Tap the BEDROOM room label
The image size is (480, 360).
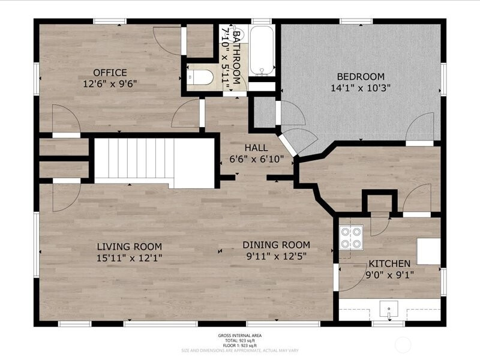click(x=360, y=76)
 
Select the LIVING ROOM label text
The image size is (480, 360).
click(x=130, y=246)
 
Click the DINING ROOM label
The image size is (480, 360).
click(x=276, y=244)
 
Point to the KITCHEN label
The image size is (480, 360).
click(x=389, y=263)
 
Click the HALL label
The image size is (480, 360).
click(x=256, y=148)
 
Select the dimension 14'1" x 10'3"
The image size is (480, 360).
click(x=360, y=88)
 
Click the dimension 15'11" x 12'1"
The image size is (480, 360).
click(x=130, y=257)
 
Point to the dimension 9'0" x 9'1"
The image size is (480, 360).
click(x=389, y=274)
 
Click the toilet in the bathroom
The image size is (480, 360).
click(x=200, y=77)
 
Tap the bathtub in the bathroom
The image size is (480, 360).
click(x=262, y=50)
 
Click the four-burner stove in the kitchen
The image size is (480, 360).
click(x=351, y=236)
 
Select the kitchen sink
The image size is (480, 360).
click(x=389, y=312)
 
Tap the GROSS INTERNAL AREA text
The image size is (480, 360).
click(x=239, y=335)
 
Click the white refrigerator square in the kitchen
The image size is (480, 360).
click(x=428, y=251)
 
